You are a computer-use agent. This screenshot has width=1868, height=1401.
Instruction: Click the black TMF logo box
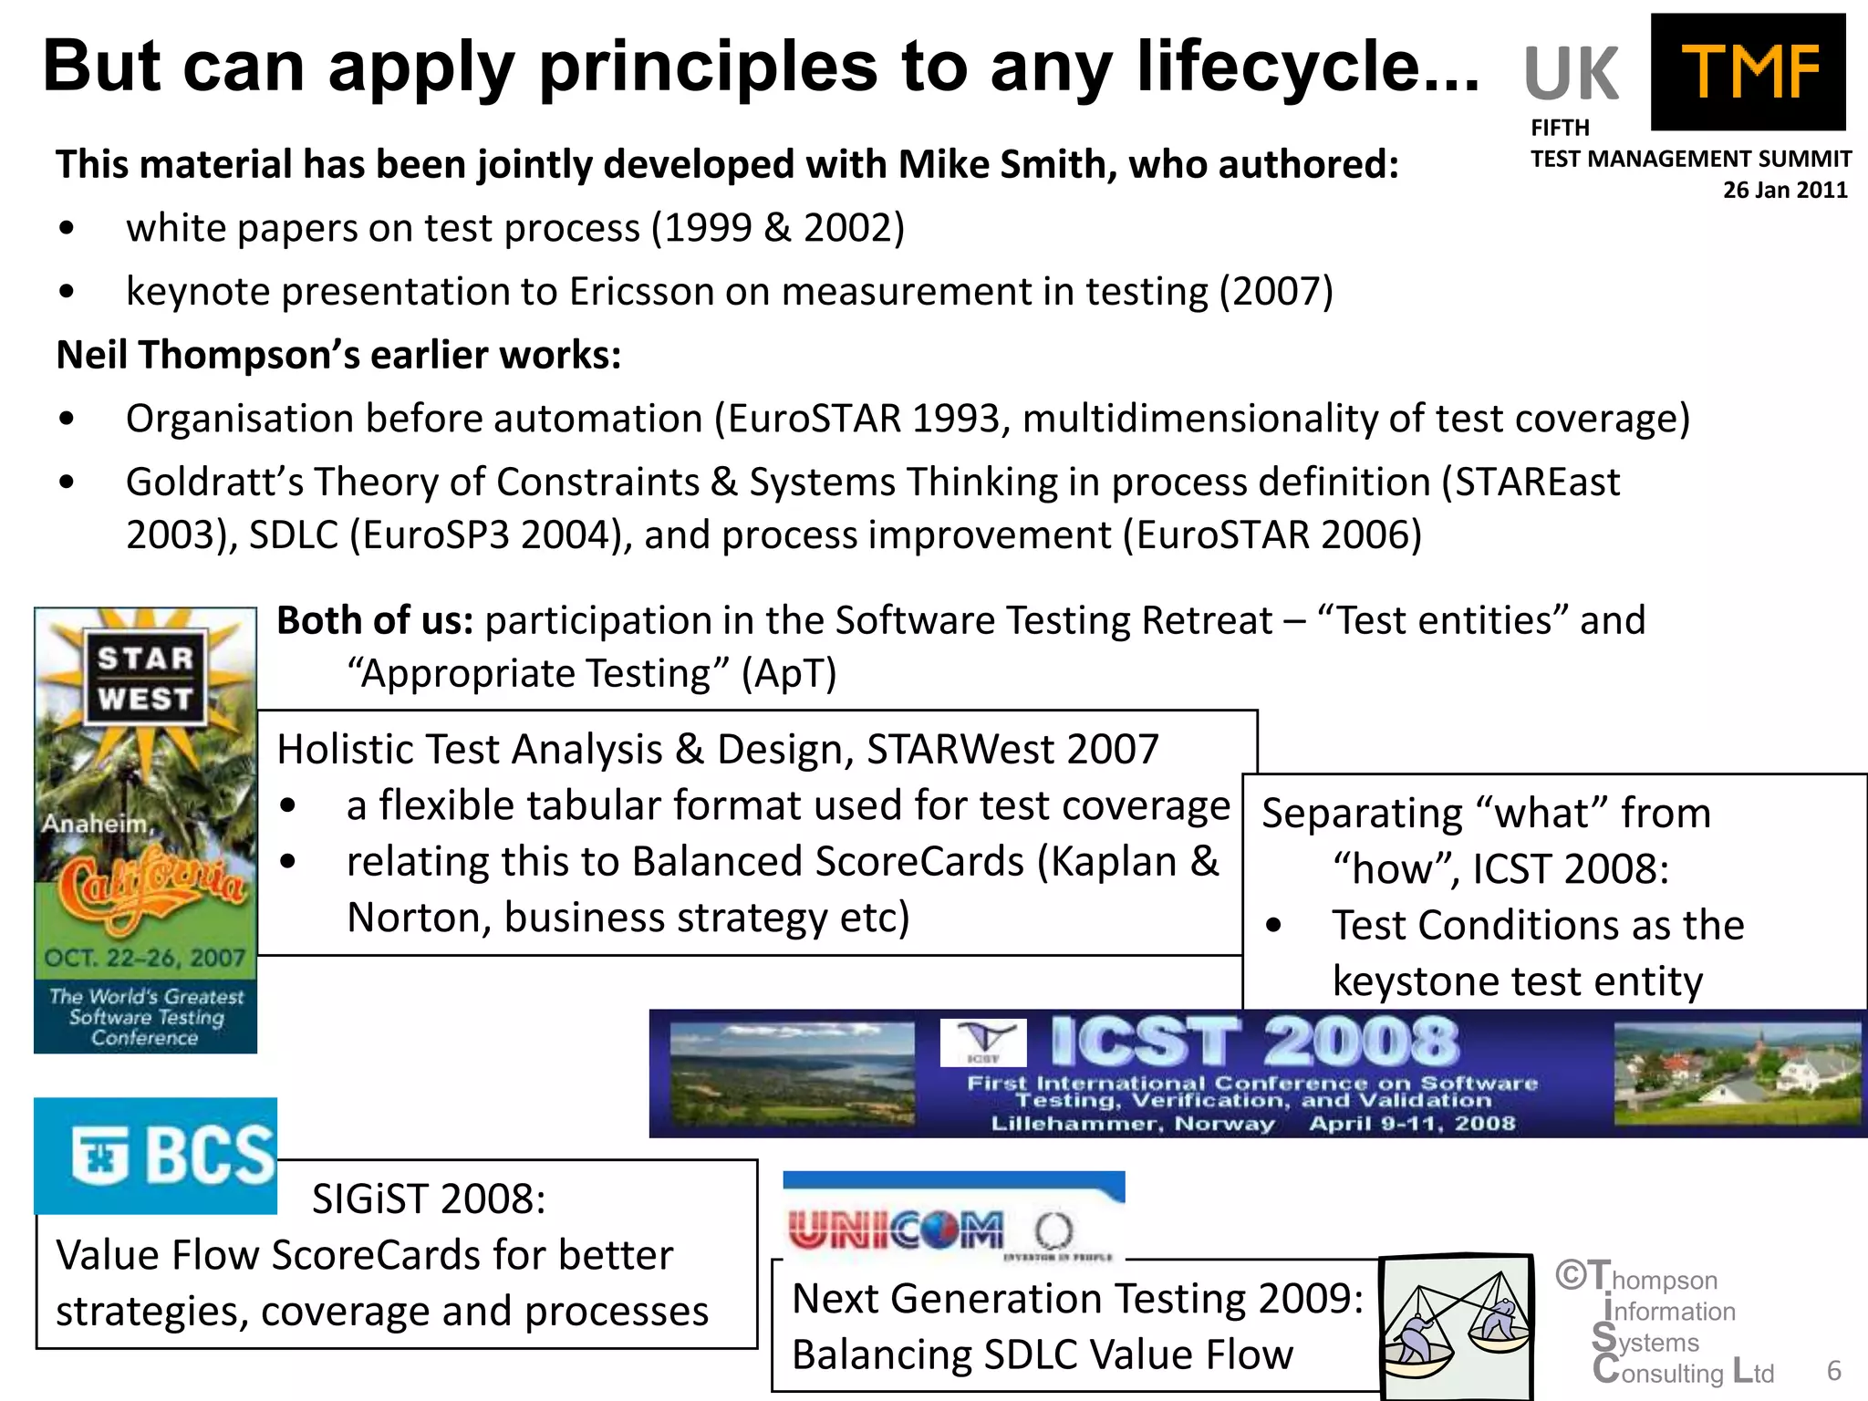[x=1748, y=71]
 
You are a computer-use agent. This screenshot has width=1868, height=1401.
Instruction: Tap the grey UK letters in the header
[x=1571, y=74]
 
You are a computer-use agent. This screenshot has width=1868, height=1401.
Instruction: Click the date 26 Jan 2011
[x=1784, y=190]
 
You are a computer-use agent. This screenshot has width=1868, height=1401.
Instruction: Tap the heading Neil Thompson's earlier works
[x=338, y=355]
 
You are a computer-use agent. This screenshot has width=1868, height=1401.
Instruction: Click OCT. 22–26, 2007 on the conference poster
[x=145, y=958]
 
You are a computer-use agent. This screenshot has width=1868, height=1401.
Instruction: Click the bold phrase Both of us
[x=375, y=620]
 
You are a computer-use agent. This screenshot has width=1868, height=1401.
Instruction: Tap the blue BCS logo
[x=156, y=1156]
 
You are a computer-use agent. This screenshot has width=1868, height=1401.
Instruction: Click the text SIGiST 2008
[x=429, y=1199]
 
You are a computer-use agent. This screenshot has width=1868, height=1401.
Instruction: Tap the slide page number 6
[x=1833, y=1370]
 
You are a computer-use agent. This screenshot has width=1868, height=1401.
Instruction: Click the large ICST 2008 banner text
[x=1255, y=1042]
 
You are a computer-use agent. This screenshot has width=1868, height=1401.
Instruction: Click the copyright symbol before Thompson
[x=1570, y=1274]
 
